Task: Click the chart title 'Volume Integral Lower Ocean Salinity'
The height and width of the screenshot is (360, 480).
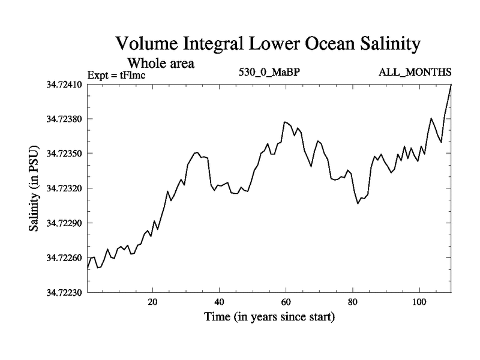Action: (267, 44)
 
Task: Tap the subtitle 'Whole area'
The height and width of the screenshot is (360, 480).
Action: (161, 62)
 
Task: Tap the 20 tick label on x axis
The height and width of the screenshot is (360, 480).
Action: (152, 301)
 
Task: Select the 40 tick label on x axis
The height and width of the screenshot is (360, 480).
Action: (219, 301)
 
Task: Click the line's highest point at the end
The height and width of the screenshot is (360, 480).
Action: (451, 85)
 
